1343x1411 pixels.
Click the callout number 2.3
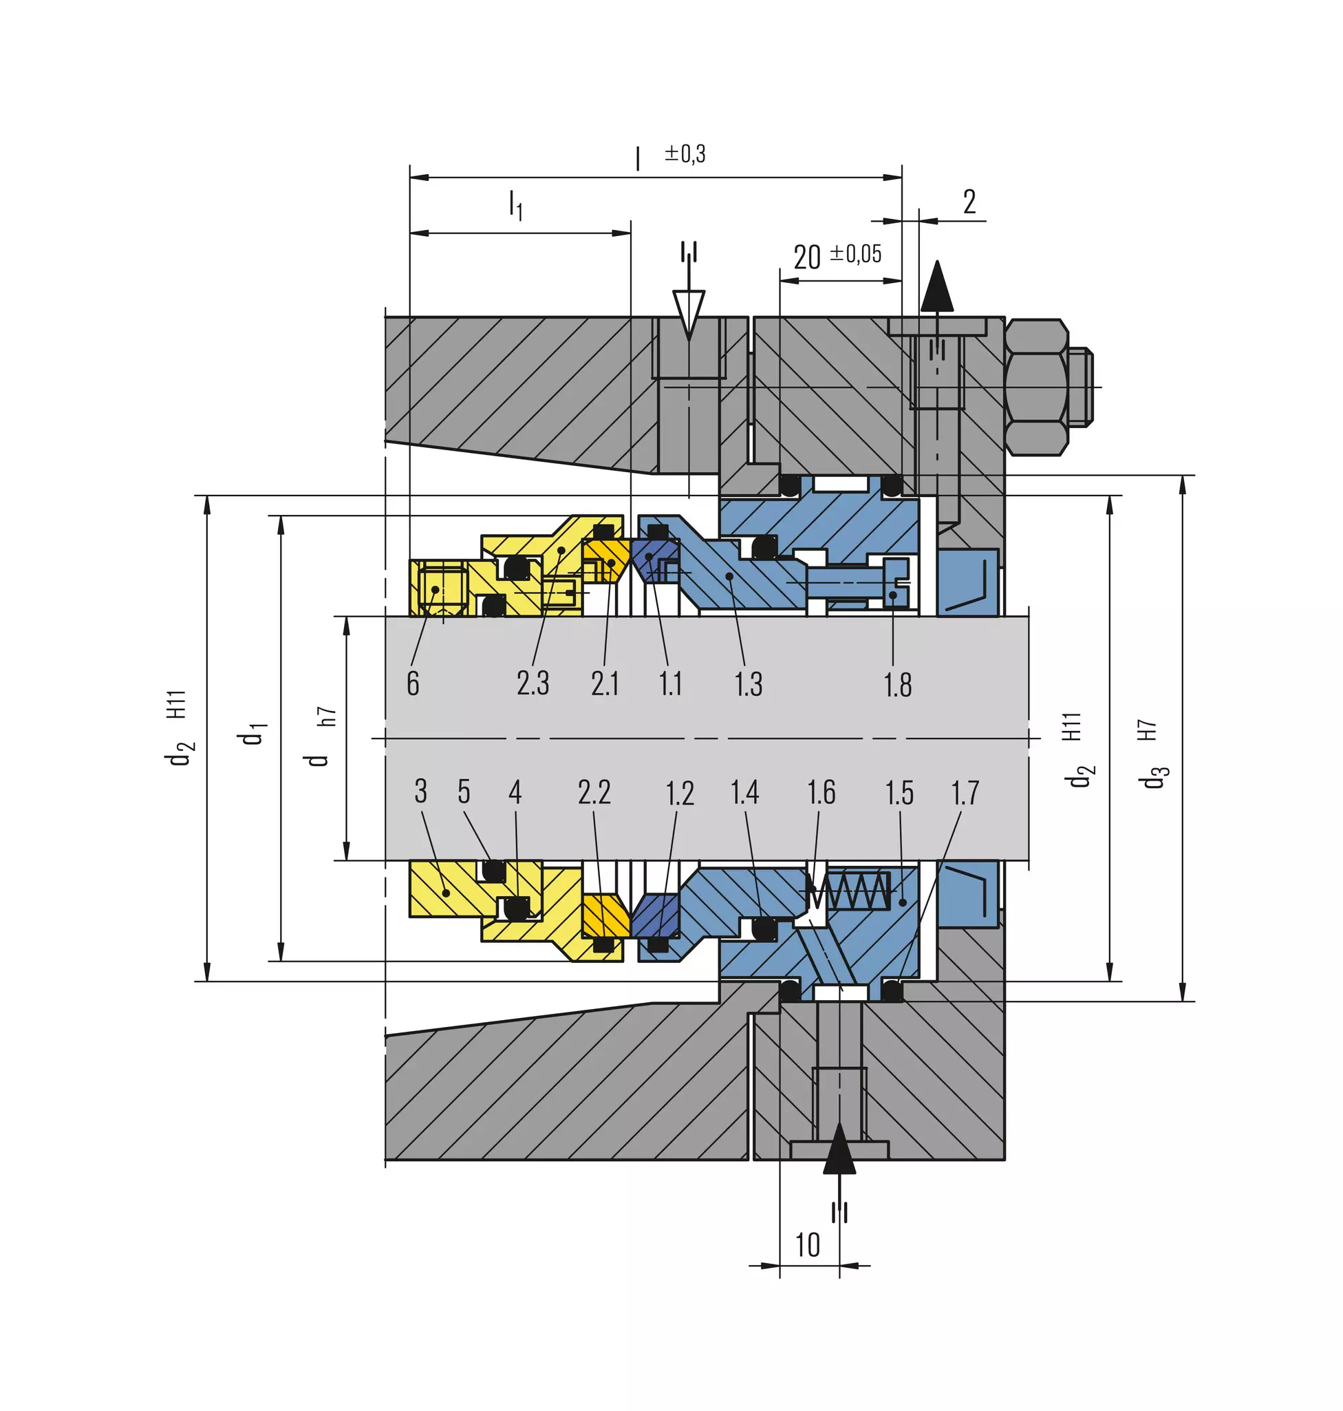[x=533, y=683]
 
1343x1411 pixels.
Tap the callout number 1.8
[x=898, y=685]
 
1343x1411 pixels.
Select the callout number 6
[x=413, y=683]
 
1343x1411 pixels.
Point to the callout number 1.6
[x=821, y=792]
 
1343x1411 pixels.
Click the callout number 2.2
[x=594, y=792]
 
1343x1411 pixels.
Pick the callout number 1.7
[x=965, y=793]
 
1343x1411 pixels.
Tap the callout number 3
[x=421, y=792]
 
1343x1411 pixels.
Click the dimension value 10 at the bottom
[x=808, y=1245]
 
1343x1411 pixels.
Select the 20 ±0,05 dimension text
[x=837, y=255]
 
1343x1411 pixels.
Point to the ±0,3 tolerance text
[x=685, y=153]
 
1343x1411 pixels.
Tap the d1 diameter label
[x=253, y=734]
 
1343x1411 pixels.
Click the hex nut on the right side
[x=1037, y=387]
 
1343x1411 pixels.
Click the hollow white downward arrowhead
[x=689, y=314]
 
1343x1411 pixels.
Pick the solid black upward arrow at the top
[x=937, y=285]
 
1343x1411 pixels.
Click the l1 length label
[x=515, y=206]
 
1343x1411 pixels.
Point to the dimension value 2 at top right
[x=969, y=202]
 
